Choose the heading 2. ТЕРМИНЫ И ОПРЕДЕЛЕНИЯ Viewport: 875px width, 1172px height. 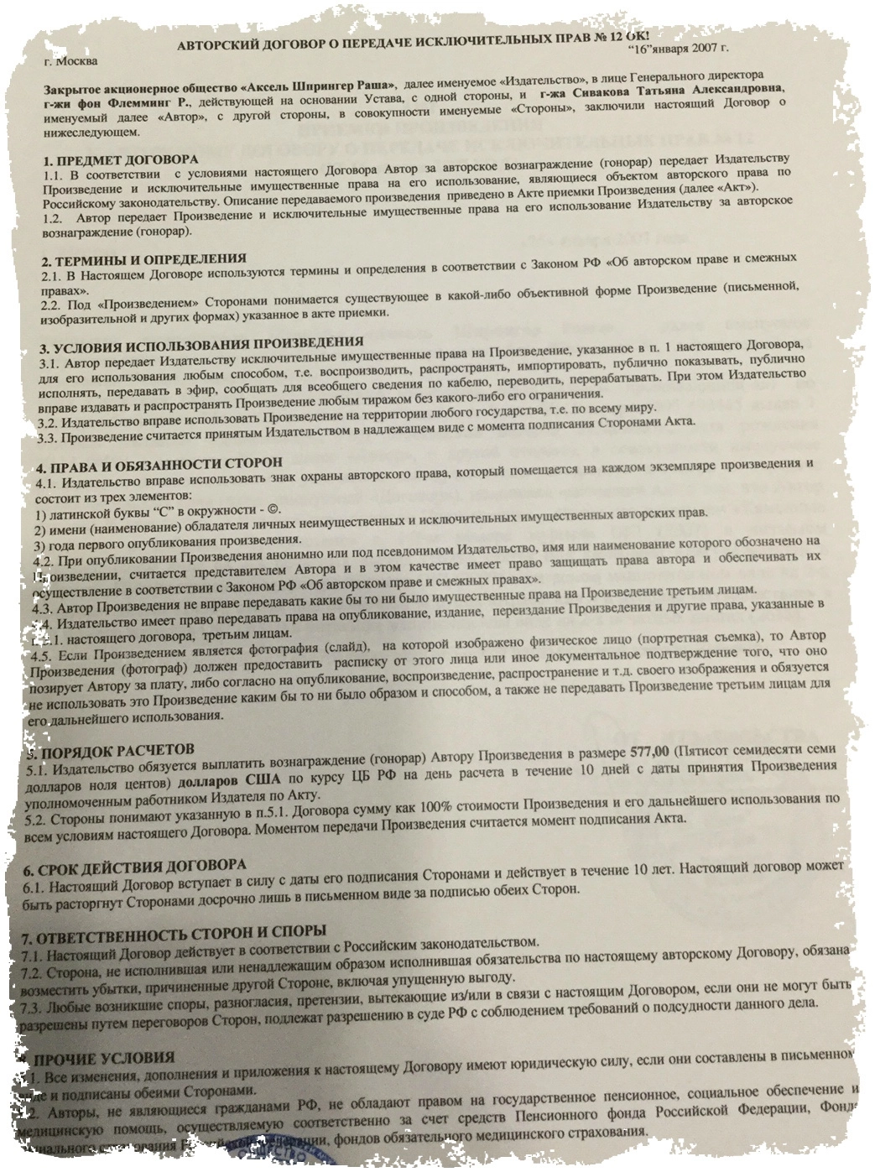pyautogui.click(x=143, y=258)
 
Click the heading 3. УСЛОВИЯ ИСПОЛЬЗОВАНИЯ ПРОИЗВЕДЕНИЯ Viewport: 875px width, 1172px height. pyautogui.click(x=201, y=345)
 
